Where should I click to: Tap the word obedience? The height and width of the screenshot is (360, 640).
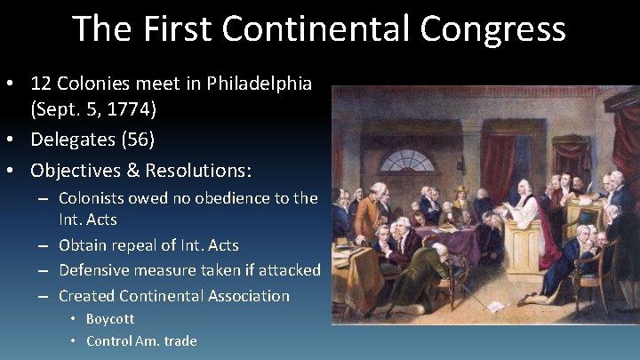(209, 198)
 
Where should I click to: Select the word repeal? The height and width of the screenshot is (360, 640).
(138, 244)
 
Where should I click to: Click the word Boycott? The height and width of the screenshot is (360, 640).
(110, 318)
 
